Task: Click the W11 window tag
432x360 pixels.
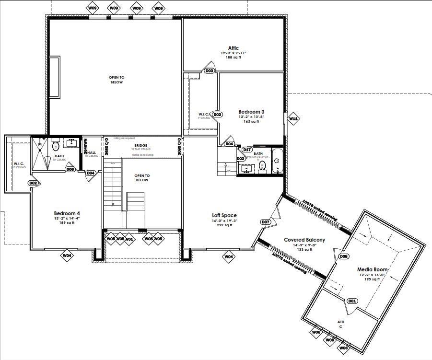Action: point(293,118)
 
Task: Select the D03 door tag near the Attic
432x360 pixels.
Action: point(209,71)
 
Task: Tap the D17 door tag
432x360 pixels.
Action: point(247,150)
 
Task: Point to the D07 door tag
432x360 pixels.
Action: point(266,222)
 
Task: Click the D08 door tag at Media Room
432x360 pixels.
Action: point(344,256)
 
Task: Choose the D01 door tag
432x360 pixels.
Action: point(352,301)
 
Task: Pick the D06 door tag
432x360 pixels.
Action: point(70,169)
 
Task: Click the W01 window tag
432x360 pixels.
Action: point(129,238)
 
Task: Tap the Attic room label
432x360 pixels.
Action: point(233,48)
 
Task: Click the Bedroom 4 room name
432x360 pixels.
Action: point(67,213)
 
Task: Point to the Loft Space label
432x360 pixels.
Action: point(224,216)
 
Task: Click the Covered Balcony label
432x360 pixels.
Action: point(304,240)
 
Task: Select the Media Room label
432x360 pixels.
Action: point(372,270)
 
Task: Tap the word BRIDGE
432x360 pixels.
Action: point(140,145)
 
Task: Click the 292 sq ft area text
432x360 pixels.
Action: point(224,225)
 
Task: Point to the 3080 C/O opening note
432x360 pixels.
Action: point(180,146)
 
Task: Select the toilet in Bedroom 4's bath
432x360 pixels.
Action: point(55,145)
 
